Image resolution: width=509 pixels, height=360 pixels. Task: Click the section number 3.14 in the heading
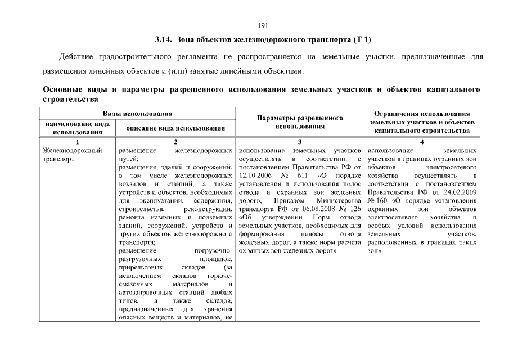pos(164,40)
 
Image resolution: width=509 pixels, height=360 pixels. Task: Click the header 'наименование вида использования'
pos(77,128)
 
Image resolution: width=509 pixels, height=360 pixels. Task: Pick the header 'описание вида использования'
pos(175,128)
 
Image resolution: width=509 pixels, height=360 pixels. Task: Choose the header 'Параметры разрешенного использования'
pos(300,122)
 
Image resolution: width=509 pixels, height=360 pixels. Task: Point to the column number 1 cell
pos(77,142)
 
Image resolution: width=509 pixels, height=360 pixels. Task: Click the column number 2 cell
pos(175,142)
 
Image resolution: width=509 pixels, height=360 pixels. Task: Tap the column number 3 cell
pos(300,142)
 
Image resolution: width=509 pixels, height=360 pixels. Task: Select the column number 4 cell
pos(422,142)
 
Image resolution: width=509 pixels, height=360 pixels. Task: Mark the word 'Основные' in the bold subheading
pos(62,89)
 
